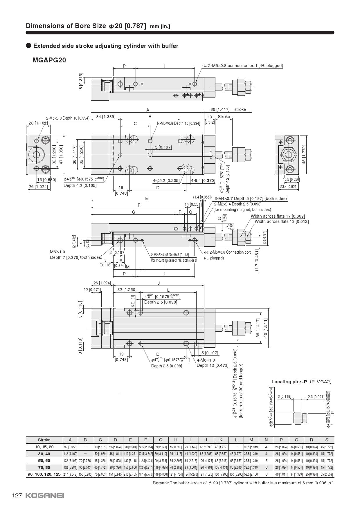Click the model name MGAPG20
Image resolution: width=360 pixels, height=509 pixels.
[49, 60]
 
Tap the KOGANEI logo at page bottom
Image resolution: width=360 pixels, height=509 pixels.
[44, 495]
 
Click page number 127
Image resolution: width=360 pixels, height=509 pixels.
[17, 495]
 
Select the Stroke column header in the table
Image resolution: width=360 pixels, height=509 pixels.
[44, 440]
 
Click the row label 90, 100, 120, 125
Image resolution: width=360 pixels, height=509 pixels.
[44, 474]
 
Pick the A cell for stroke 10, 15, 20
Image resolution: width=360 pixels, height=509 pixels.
[70, 447]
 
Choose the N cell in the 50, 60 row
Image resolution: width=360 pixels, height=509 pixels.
[266, 461]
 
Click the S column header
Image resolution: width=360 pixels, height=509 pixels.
[326, 440]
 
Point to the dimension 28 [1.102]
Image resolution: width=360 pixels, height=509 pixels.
[38, 123]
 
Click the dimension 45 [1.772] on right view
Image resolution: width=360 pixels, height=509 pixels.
[304, 154]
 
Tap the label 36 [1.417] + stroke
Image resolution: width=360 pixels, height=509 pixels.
[228, 109]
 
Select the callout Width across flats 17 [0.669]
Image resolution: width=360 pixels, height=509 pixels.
[278, 216]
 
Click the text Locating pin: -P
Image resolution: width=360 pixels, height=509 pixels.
[289, 382]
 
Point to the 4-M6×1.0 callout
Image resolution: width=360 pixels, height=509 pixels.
[206, 360]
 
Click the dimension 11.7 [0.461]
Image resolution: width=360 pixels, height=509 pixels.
[257, 260]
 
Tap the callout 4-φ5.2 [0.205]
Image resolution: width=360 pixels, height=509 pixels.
[166, 181]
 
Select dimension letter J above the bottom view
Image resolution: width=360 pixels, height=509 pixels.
[159, 283]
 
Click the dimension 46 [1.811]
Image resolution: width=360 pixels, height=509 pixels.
[265, 328]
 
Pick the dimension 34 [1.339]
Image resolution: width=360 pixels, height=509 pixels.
[105, 117]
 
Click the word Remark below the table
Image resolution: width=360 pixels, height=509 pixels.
[161, 483]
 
